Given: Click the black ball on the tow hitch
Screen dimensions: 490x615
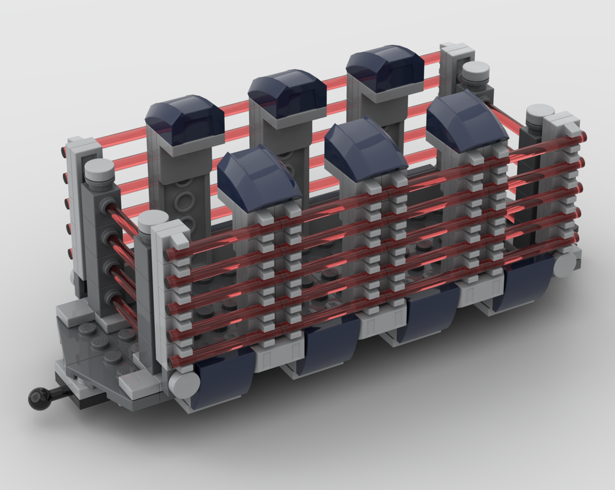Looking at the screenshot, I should pyautogui.click(x=36, y=399).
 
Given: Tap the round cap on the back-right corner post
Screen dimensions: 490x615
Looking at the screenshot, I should pyautogui.click(x=475, y=73).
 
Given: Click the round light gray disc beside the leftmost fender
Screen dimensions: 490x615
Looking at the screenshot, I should pyautogui.click(x=183, y=383).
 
